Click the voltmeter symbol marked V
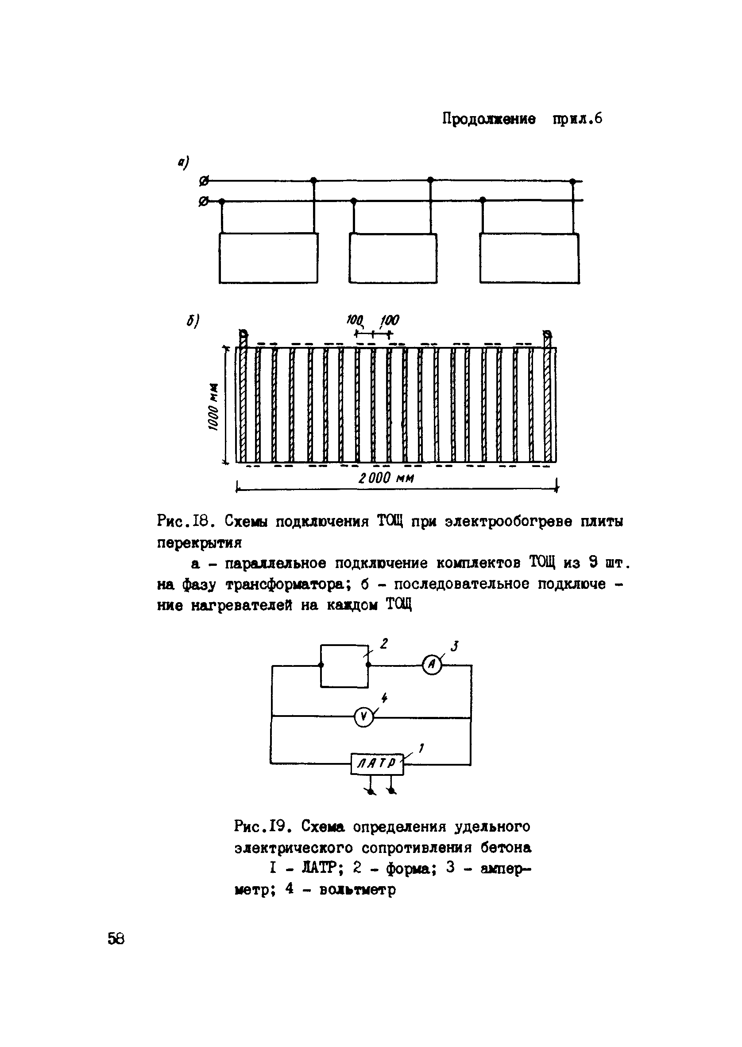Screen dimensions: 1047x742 pos(363,717)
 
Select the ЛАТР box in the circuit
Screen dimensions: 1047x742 pos(377,763)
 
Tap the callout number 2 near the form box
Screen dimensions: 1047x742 pos(384,644)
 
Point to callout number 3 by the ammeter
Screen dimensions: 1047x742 pos(454,646)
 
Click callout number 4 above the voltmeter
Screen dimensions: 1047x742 pos(384,698)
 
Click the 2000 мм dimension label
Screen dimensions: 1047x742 pos(386,479)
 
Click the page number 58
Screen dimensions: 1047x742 pos(116,939)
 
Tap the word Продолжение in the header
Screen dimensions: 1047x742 pos(489,120)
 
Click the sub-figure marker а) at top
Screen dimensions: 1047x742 pos(183,162)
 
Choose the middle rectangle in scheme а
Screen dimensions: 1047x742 pos(393,258)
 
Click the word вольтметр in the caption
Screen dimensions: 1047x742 pos(357,890)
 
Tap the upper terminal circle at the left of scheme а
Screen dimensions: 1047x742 pos(204,182)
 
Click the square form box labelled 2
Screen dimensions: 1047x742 pos(344,666)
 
